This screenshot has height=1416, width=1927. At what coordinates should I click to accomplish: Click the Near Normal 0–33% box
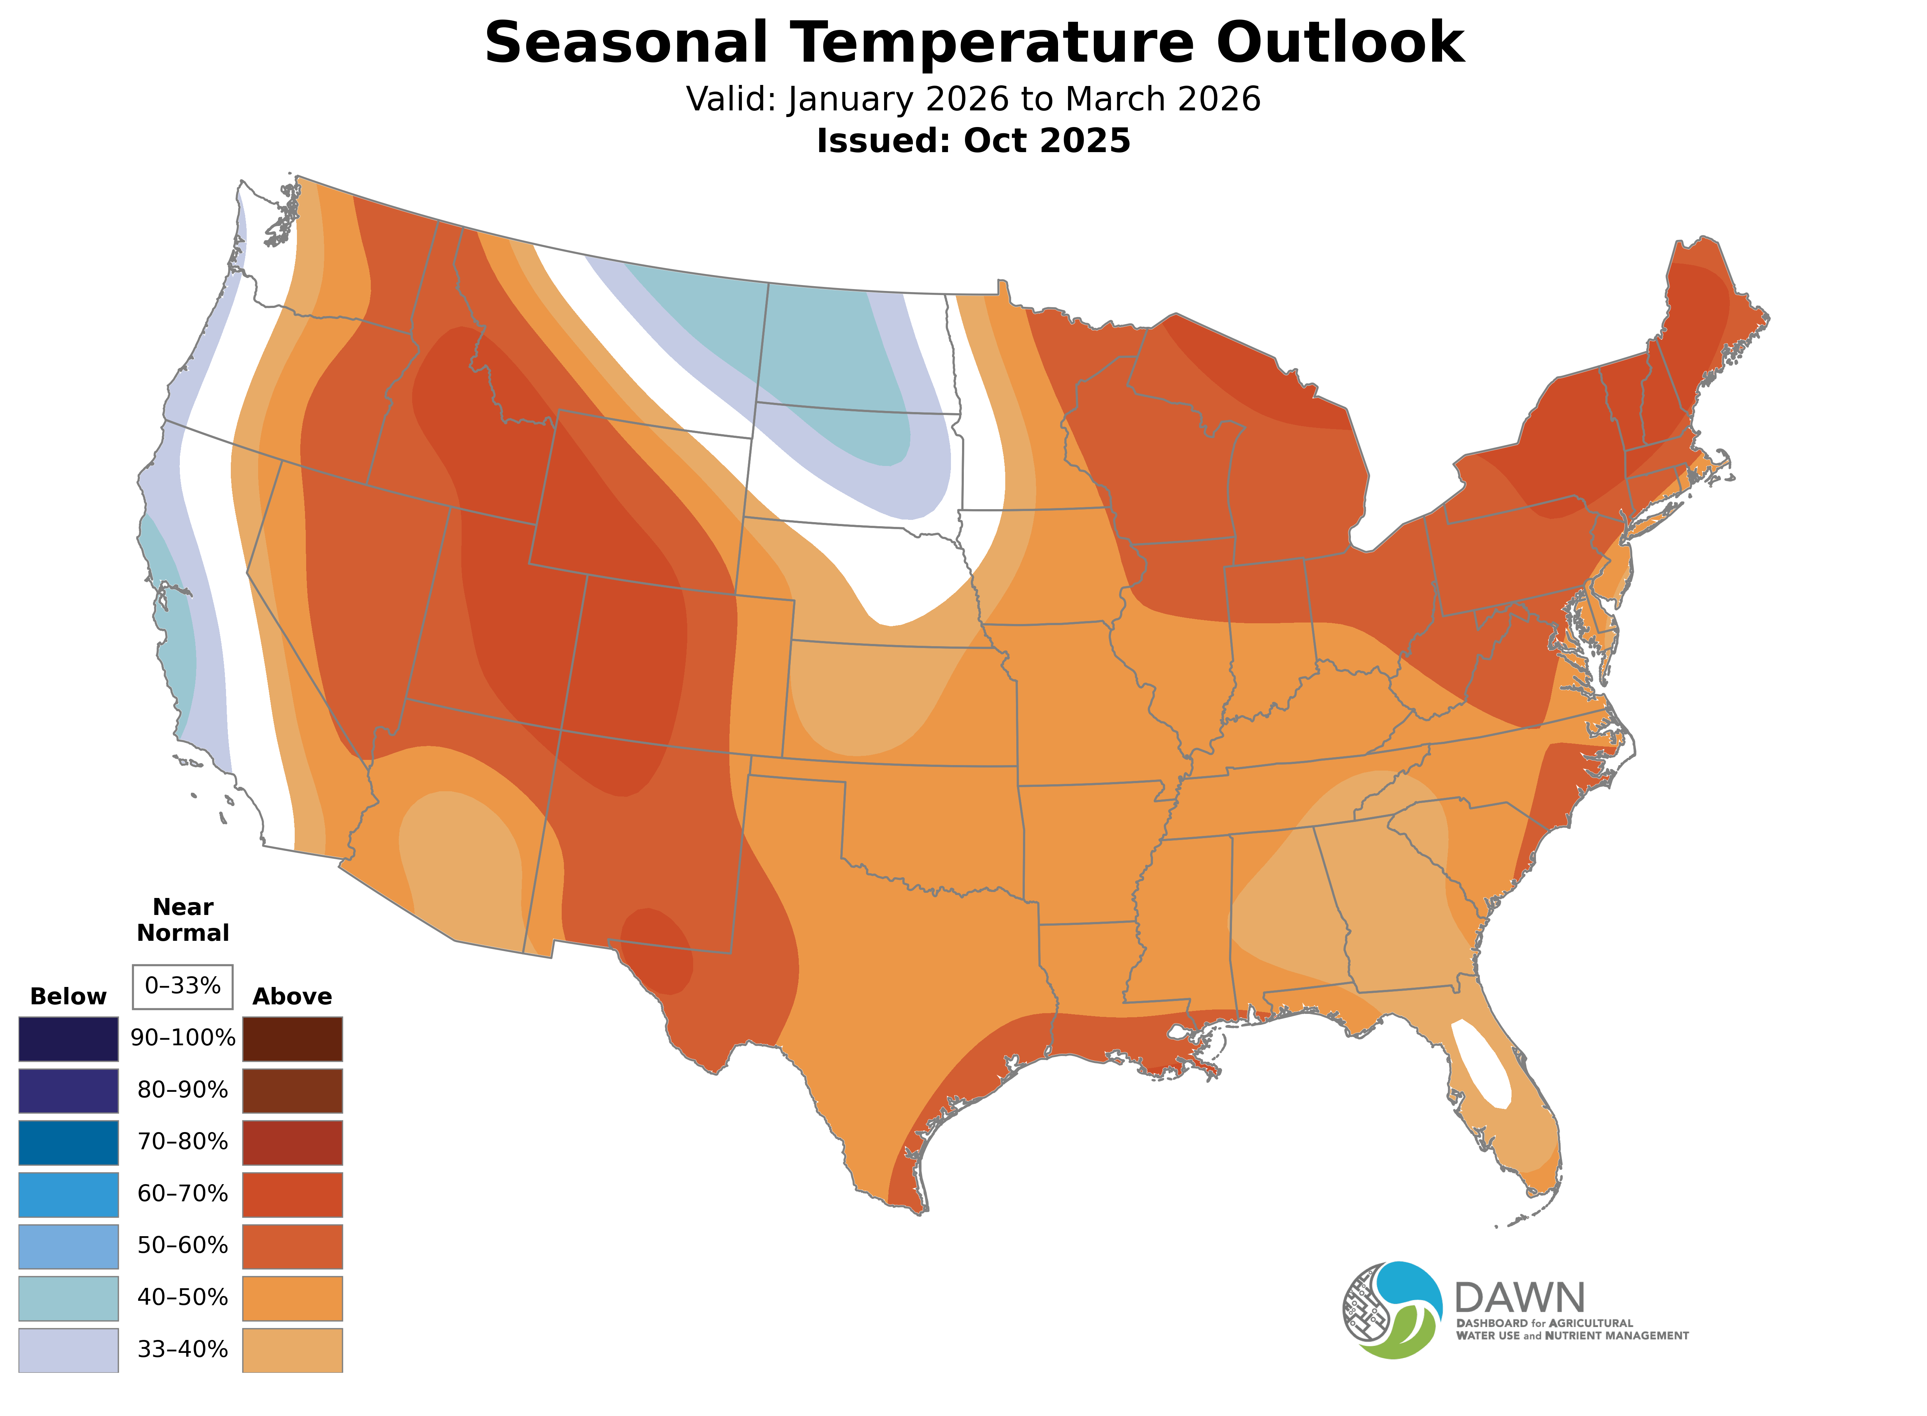(182, 987)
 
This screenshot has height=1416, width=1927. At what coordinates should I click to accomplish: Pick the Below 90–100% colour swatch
(69, 1039)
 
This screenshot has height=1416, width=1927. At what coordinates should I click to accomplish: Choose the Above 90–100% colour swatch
(292, 1039)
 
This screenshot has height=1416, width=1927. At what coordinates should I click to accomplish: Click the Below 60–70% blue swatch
(69, 1194)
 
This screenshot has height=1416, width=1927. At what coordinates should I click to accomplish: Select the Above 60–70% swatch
(292, 1194)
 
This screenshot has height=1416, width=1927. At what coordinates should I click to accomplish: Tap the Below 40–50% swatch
(69, 1298)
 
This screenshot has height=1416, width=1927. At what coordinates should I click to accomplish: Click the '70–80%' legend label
(182, 1142)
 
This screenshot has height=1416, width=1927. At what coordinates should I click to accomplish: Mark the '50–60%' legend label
(182, 1245)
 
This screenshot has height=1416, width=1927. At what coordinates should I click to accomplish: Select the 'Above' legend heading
(292, 997)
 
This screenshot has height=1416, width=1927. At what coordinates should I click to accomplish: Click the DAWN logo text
(1519, 1299)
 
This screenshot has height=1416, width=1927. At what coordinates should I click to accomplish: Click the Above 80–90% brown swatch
(292, 1090)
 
